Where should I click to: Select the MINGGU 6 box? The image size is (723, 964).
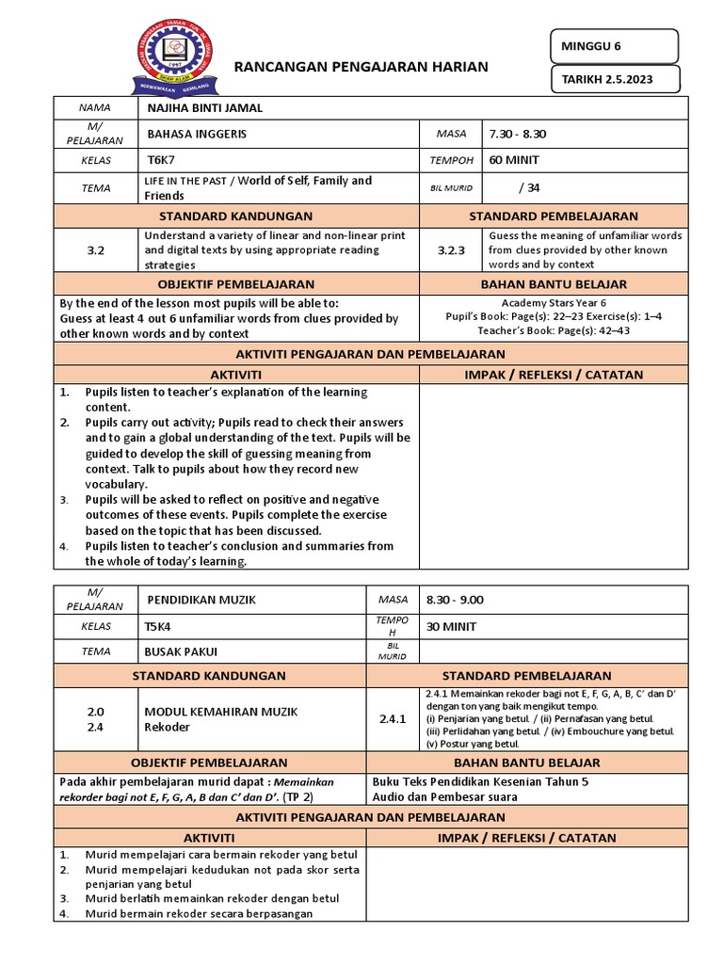614,45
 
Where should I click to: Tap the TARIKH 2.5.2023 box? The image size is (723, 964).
614,80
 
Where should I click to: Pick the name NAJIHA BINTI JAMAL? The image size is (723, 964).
205,107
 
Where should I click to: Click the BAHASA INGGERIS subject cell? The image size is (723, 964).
198,134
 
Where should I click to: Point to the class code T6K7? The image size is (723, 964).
163,160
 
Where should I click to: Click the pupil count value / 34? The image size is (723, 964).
530,187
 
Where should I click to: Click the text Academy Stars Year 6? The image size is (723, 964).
555,303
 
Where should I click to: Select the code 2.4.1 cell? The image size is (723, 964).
392,718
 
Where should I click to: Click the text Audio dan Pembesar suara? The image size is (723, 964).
445,796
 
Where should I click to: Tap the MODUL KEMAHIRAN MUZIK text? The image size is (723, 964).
220,712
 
